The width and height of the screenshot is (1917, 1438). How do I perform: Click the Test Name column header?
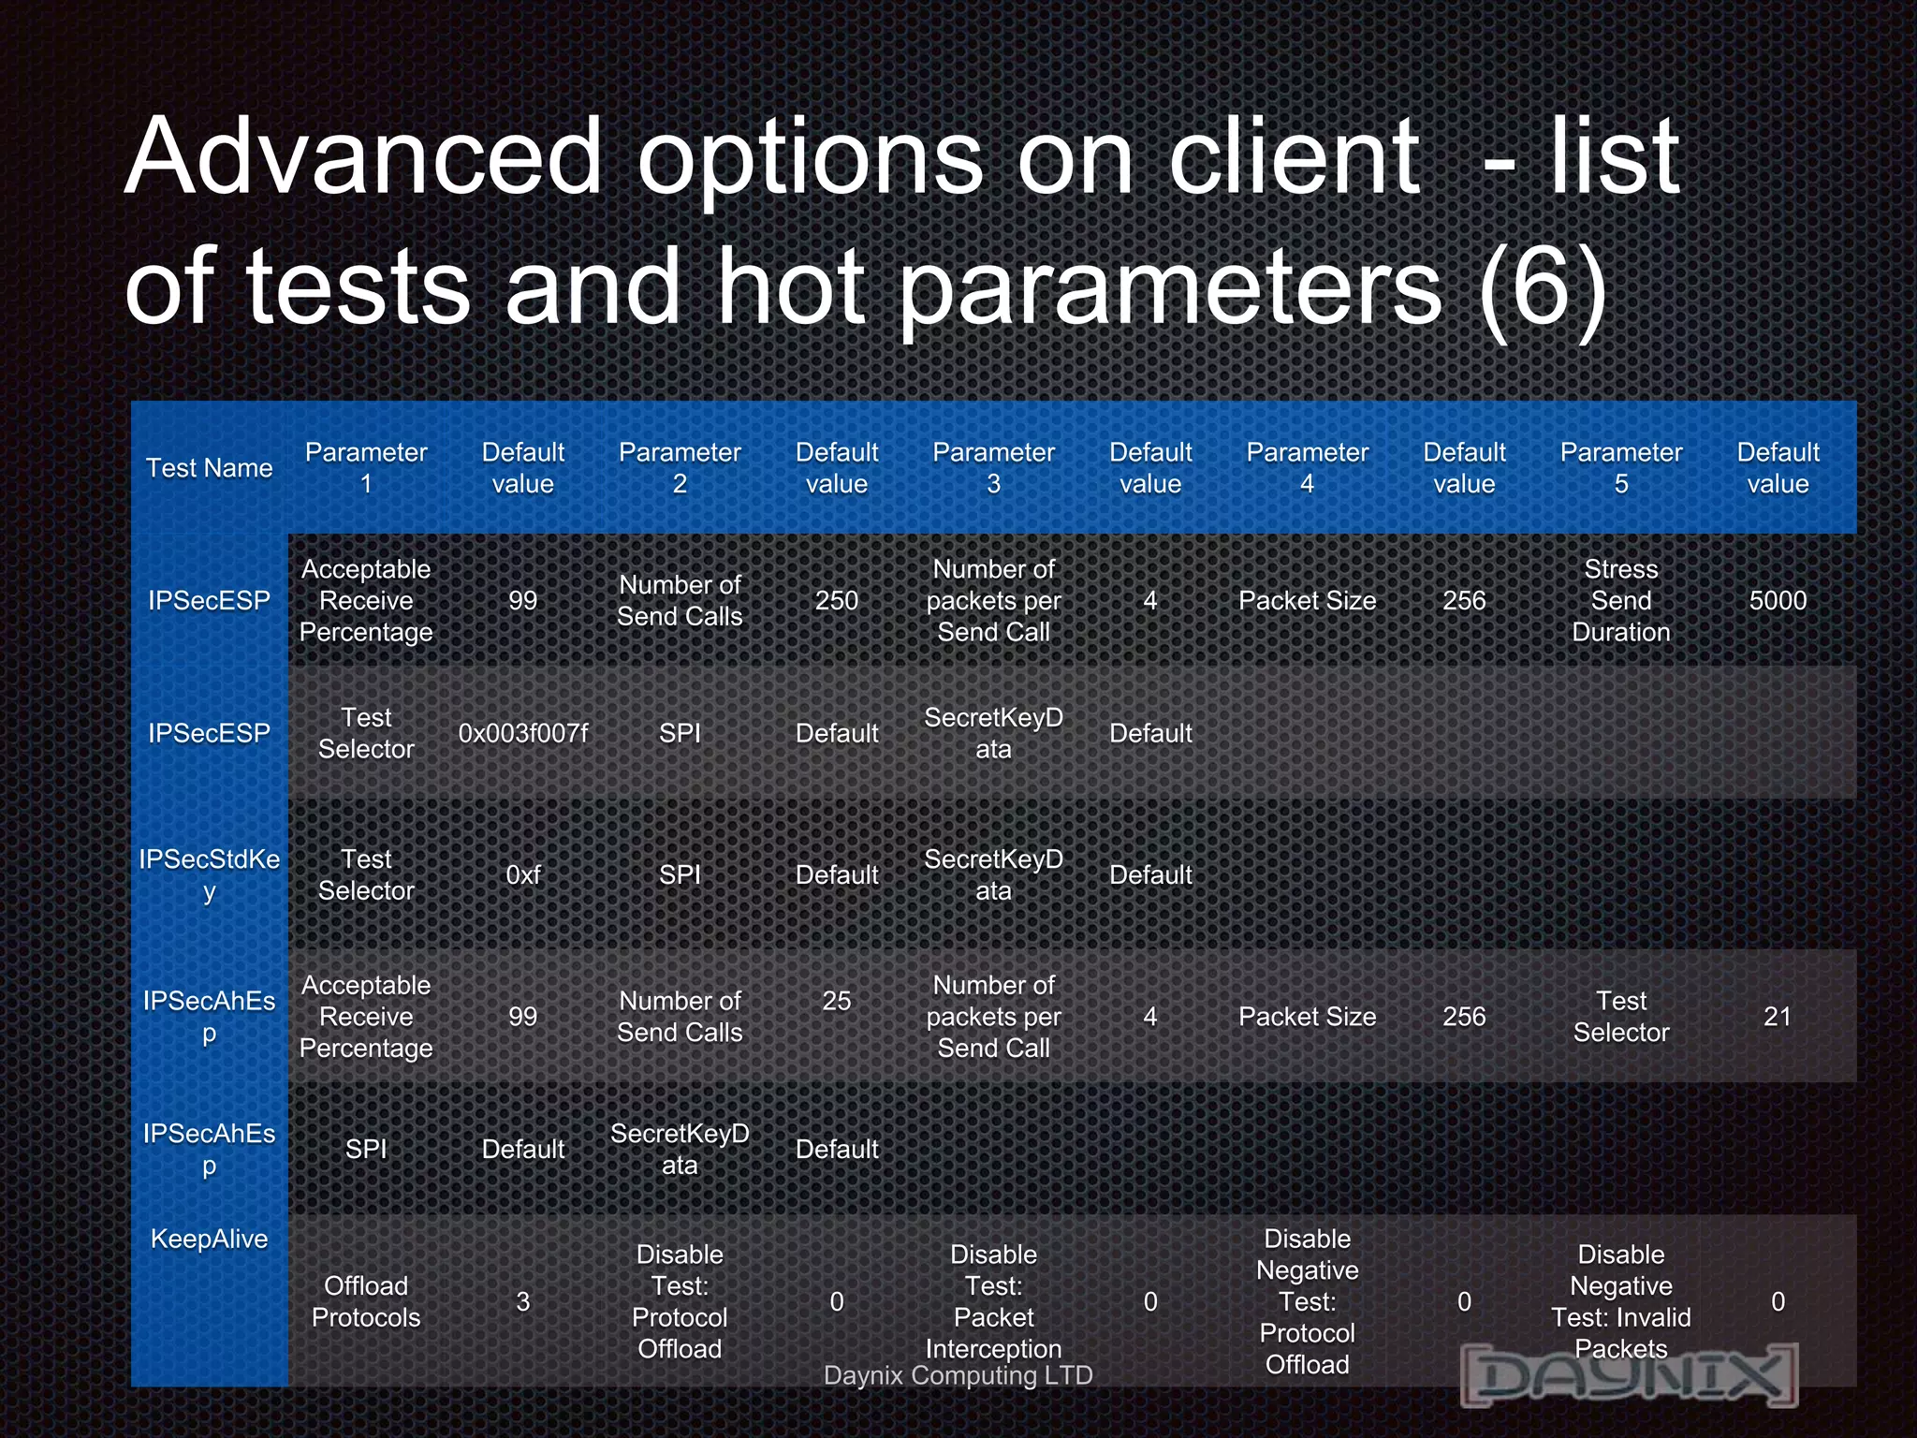point(209,468)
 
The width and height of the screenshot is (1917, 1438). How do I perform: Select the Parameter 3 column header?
point(993,468)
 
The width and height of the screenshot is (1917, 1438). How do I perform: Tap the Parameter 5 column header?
point(1620,468)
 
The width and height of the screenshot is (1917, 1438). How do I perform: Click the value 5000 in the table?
point(1778,600)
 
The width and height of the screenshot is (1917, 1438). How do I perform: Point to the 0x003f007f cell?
point(522,733)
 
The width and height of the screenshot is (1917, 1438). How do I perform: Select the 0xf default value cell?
point(522,874)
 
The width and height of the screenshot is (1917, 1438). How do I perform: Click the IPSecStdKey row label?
point(209,874)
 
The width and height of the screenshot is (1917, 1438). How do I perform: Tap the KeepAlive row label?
point(209,1239)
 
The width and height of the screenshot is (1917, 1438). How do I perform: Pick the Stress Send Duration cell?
point(1620,600)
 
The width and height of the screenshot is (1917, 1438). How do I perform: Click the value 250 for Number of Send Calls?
point(836,600)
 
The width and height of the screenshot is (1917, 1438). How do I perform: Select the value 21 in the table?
point(1778,1016)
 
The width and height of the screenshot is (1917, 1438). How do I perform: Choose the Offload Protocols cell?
point(366,1301)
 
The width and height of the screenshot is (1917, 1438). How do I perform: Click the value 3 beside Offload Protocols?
point(522,1301)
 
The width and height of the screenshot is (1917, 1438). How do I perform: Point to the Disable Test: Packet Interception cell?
point(993,1301)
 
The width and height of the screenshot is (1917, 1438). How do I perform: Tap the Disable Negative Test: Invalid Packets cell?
point(1620,1301)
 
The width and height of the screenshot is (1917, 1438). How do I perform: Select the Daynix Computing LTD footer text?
point(958,1375)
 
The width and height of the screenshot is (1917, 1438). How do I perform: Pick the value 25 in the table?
point(836,1001)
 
